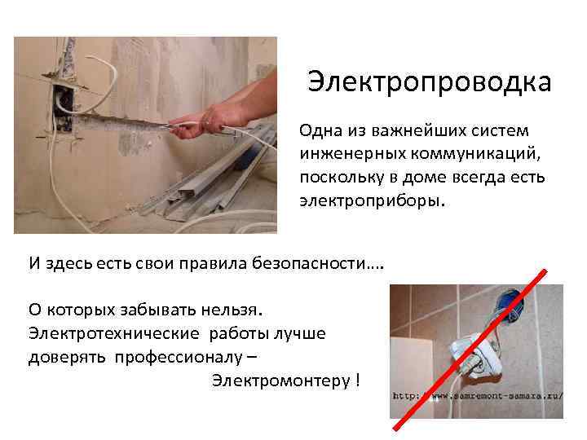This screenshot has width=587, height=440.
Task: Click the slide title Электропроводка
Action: pyautogui.click(x=429, y=82)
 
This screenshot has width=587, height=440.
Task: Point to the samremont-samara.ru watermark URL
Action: pyautogui.click(x=477, y=397)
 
